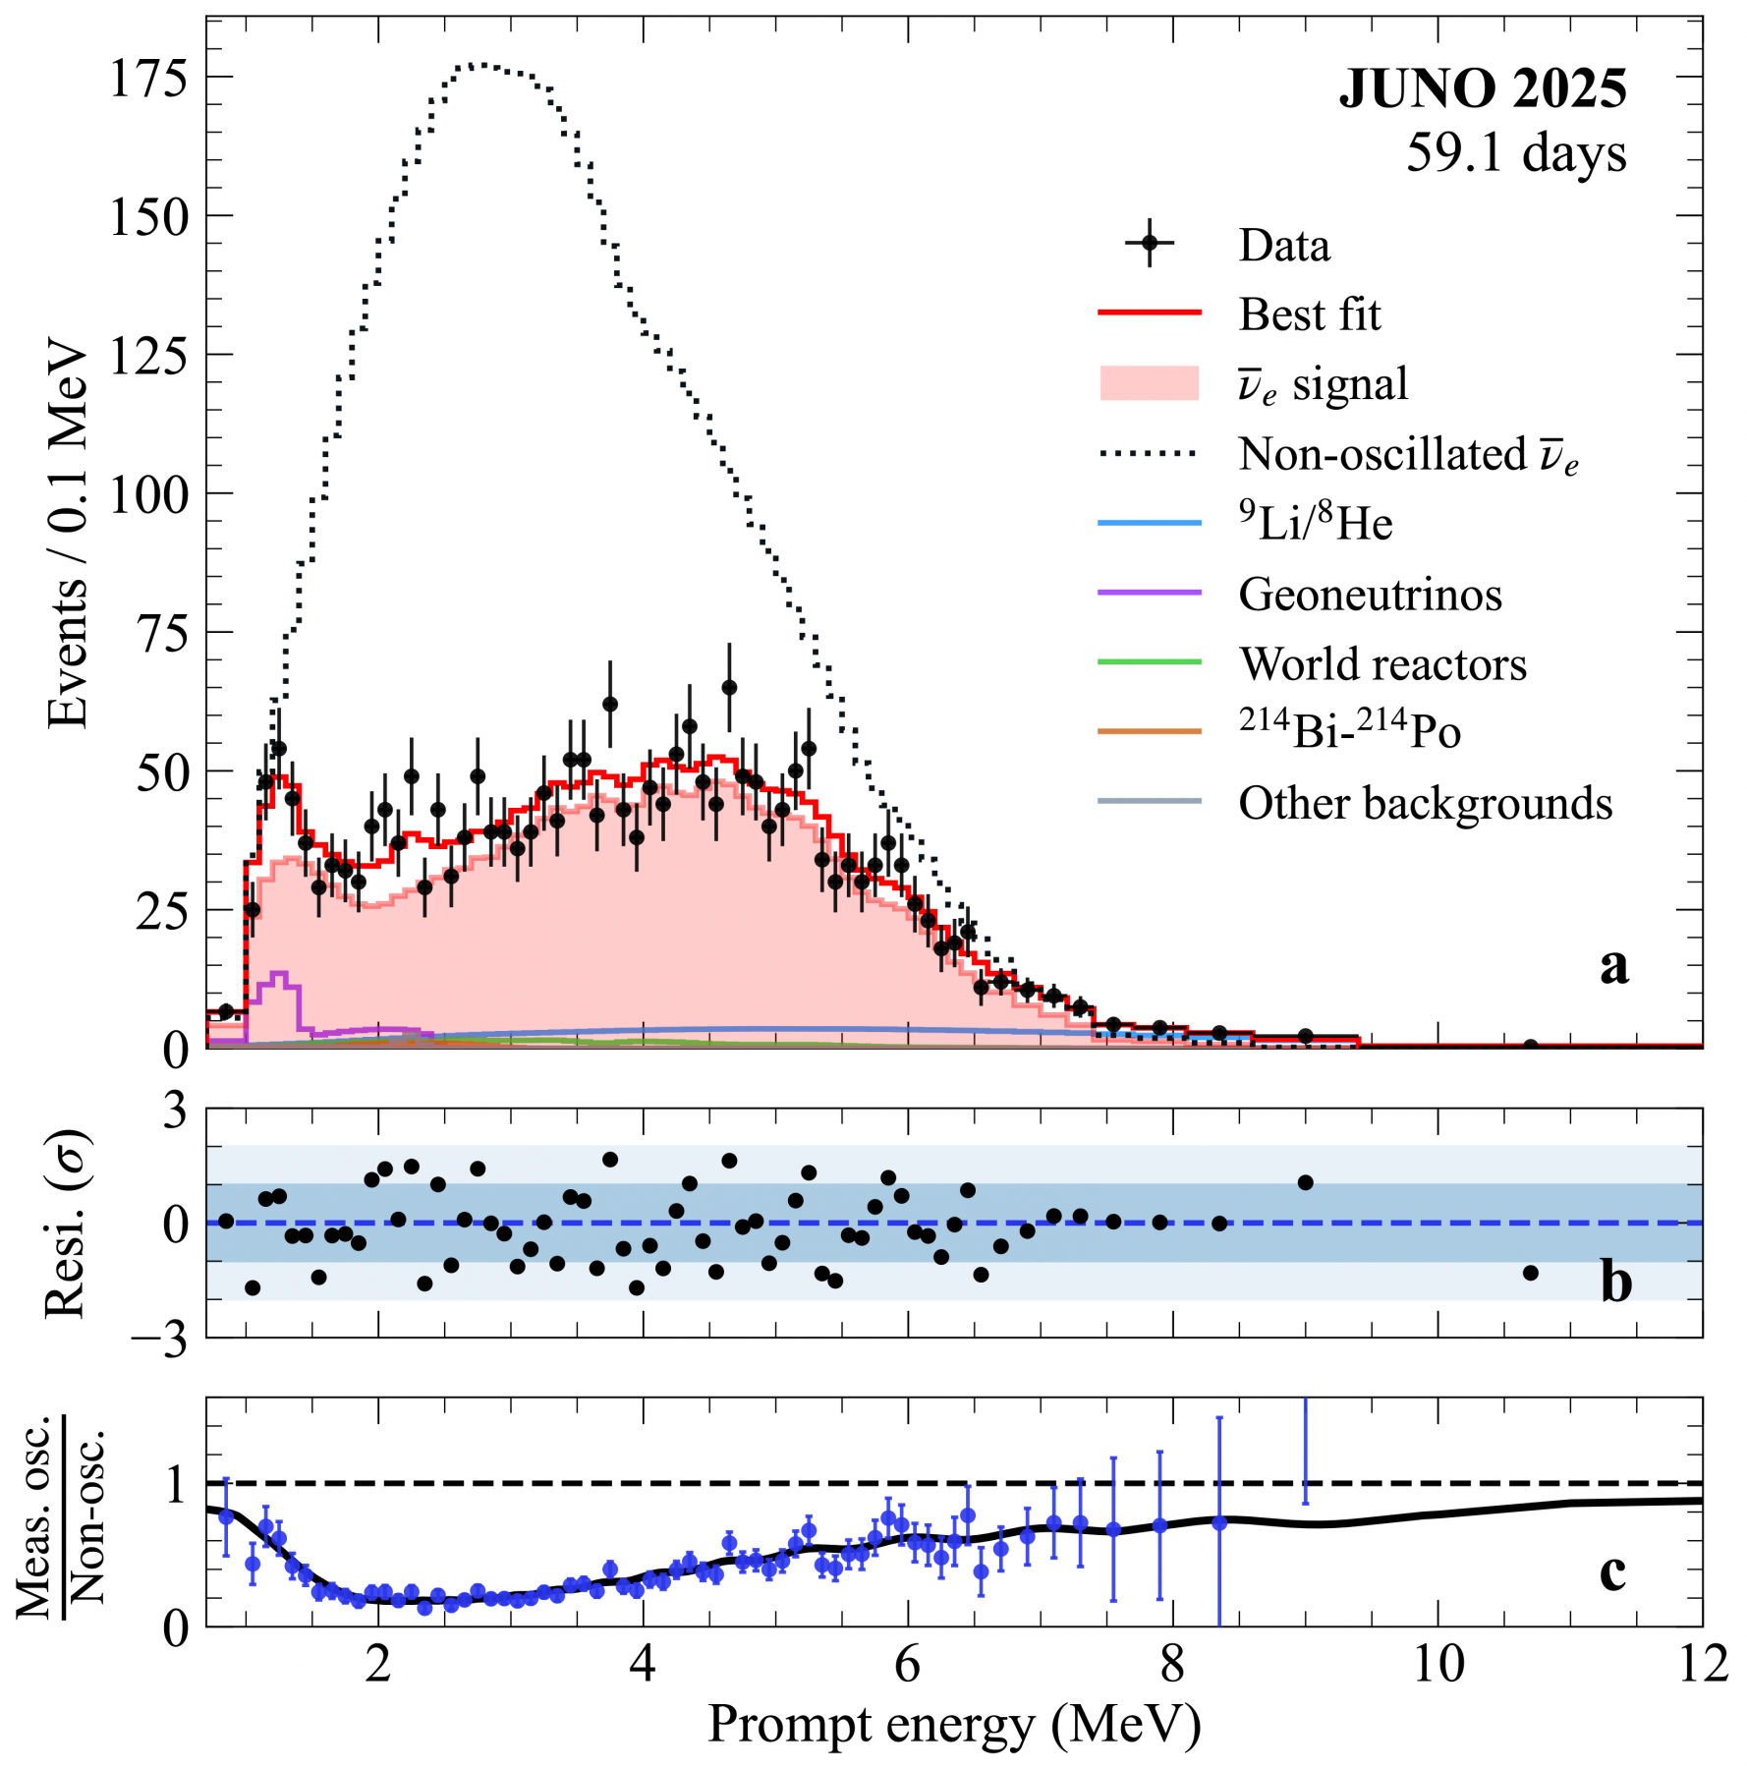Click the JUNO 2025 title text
(1482, 89)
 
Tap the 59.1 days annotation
(1515, 153)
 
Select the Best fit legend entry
(1309, 314)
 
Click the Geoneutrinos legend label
(1370, 595)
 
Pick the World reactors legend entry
(1382, 664)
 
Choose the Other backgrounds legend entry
(1425, 804)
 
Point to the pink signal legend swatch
(1149, 383)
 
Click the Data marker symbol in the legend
(1149, 244)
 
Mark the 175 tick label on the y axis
(147, 78)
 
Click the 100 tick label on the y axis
(147, 494)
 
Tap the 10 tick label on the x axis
(1437, 1665)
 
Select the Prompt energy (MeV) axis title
(953, 1725)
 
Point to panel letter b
(1615, 1282)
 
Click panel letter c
(1612, 1570)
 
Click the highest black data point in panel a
(728, 687)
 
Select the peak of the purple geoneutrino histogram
(279, 974)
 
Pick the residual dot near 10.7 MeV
(1530, 1273)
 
